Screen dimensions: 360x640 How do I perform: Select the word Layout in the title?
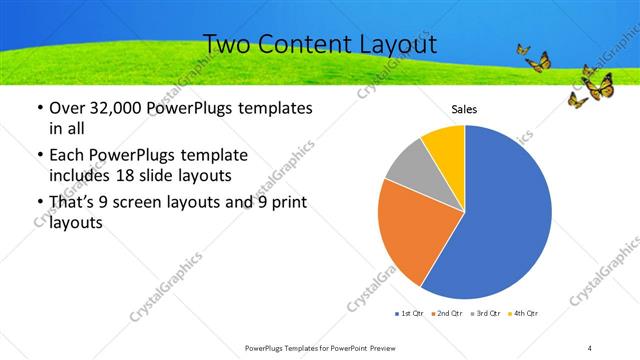point(400,45)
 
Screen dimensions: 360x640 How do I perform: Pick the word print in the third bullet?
point(284,202)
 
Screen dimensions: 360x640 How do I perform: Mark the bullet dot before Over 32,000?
point(38,108)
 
